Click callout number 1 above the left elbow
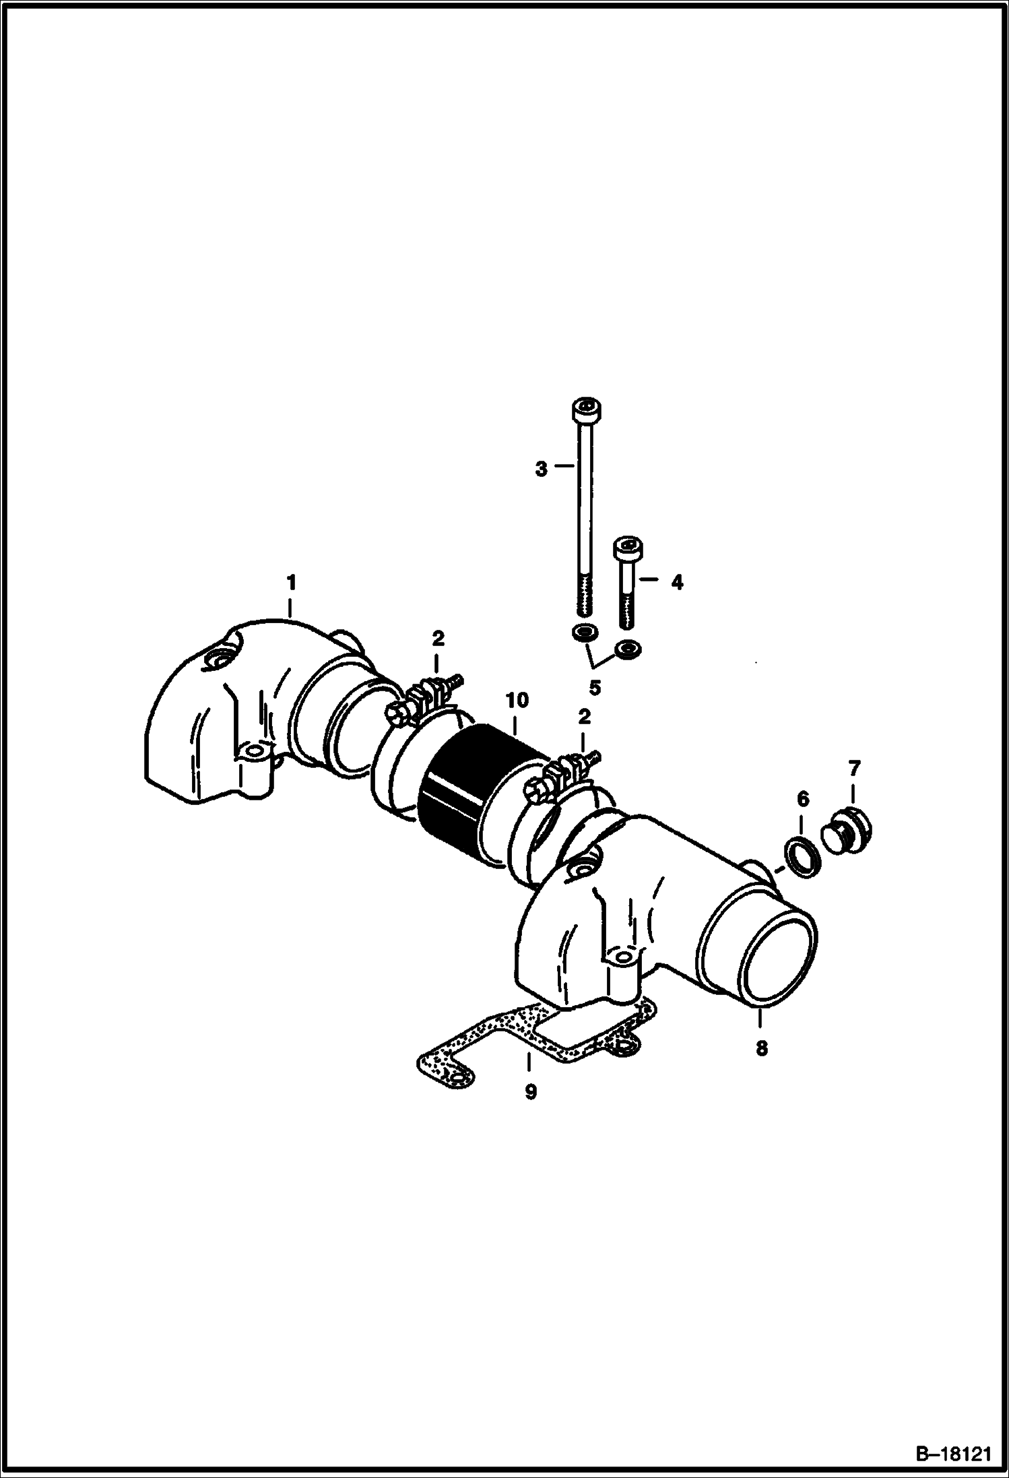[291, 581]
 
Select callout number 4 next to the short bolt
[677, 582]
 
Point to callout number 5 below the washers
[595, 688]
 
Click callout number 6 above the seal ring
[802, 800]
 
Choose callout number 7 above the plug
[854, 768]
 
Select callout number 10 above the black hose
[519, 701]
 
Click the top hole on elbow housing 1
[220, 659]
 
